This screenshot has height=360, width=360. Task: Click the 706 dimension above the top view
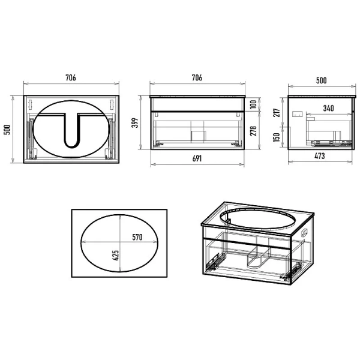(x=71, y=77)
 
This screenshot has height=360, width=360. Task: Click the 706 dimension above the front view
(x=197, y=77)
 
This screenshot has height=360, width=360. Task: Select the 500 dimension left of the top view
(x=7, y=130)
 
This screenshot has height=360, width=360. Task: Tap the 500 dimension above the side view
(x=321, y=80)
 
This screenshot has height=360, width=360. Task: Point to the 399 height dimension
(x=135, y=122)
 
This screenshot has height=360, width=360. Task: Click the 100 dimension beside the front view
(x=253, y=104)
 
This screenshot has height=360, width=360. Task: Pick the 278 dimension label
(x=253, y=131)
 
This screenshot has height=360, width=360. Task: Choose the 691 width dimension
(x=197, y=158)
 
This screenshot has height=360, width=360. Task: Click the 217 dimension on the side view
(x=277, y=113)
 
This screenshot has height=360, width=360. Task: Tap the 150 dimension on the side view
(x=277, y=137)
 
